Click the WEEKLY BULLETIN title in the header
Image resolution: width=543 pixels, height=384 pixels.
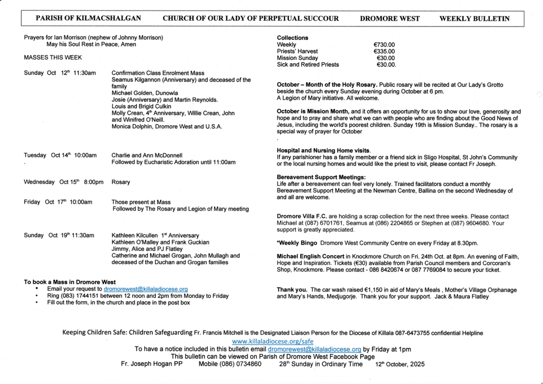(475, 19)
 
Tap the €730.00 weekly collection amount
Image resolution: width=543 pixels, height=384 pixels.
(384, 45)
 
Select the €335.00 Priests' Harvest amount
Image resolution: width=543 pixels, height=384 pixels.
(384, 51)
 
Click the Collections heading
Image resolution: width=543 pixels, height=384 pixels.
(292, 38)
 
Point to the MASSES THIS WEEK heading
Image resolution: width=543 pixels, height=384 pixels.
(53, 57)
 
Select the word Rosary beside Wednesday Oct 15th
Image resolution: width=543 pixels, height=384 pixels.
(120, 182)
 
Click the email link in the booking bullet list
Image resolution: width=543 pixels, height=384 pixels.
(146, 289)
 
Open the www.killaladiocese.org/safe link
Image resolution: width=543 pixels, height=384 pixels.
(273, 342)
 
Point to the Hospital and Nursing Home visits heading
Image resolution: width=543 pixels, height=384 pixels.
(323, 150)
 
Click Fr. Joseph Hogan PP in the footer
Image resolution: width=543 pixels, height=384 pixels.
(152, 364)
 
